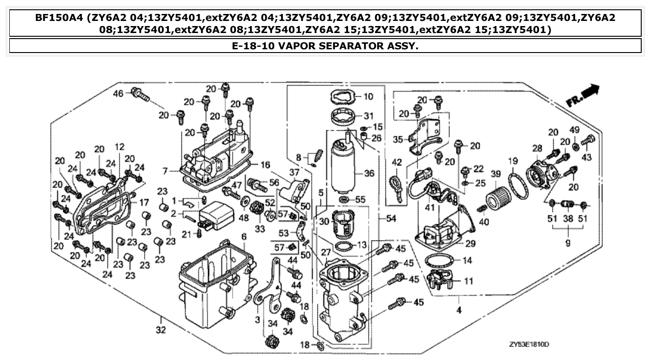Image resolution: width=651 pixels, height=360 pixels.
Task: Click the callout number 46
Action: [x=118, y=93]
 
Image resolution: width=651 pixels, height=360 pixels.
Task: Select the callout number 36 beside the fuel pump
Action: [x=369, y=173]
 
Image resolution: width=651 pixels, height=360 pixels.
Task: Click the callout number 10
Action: [x=368, y=97]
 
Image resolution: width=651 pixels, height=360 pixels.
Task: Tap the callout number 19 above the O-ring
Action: [x=513, y=161]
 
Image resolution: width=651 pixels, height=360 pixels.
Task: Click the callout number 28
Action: [x=537, y=148]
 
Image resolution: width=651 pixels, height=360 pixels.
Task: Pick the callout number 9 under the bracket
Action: [x=568, y=243]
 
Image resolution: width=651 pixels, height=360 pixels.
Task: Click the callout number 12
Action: [x=120, y=147]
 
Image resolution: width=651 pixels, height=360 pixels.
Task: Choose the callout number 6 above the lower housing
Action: [x=243, y=237]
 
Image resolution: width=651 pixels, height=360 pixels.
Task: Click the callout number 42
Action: [x=396, y=163]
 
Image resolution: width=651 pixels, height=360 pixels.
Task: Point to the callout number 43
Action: [x=586, y=157]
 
